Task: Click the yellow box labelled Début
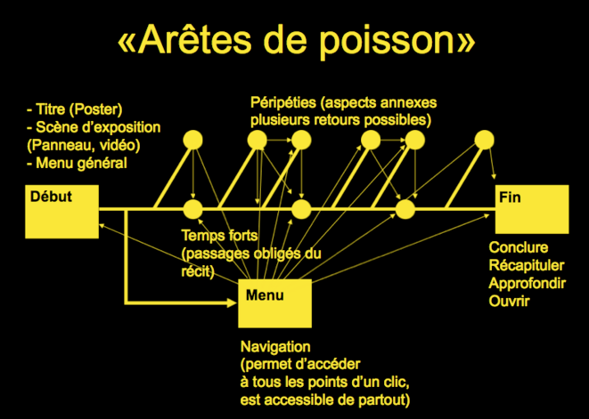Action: tap(62, 212)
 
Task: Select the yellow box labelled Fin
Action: tap(532, 209)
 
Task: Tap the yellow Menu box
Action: tap(275, 303)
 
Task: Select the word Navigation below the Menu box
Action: tap(275, 347)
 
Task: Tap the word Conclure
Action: tap(519, 247)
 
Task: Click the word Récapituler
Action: tap(527, 265)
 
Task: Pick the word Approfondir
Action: tap(527, 284)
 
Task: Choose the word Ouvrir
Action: tap(509, 302)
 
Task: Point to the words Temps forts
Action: tap(220, 236)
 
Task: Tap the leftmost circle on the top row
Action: tap(192, 141)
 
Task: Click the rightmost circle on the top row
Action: tap(484, 140)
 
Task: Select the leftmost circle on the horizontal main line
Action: tap(192, 209)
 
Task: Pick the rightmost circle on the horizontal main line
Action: tap(405, 209)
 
